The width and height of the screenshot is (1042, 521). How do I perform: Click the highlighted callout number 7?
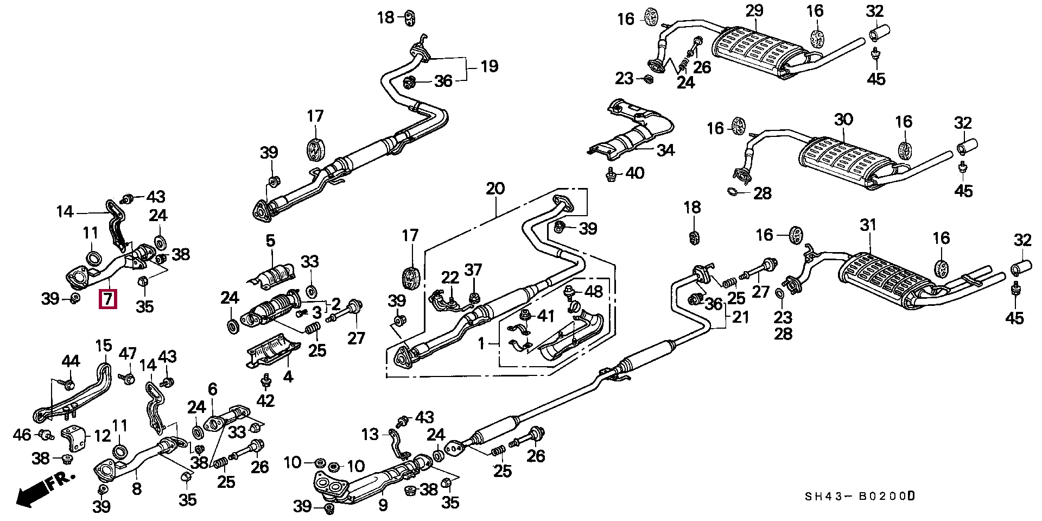point(107,299)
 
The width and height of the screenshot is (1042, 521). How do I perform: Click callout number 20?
point(495,189)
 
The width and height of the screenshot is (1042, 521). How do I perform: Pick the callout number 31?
point(868,225)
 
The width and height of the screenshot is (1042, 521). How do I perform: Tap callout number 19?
point(489,67)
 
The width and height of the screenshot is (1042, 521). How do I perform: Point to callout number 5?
point(270,240)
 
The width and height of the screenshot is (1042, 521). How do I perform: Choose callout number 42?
point(265,401)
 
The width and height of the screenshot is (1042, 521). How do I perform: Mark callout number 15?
point(103,346)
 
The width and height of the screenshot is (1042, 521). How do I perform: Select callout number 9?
point(383,506)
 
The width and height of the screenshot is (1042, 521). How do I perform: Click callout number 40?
point(634,173)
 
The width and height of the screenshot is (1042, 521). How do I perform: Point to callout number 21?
point(741,317)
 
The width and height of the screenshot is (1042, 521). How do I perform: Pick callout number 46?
point(22,434)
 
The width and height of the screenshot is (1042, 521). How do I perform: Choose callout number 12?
point(103,435)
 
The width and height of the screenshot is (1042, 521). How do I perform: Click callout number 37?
point(473,269)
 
